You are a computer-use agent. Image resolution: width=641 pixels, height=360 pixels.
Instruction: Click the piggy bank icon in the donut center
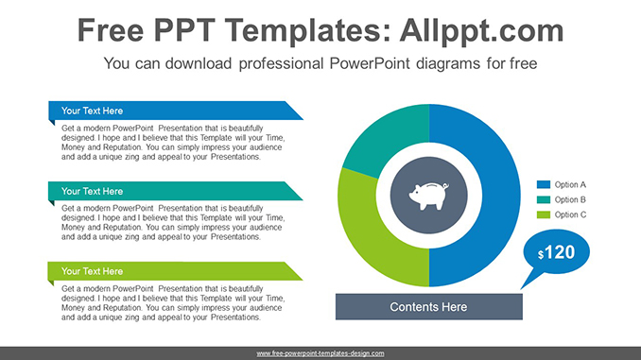[428, 196]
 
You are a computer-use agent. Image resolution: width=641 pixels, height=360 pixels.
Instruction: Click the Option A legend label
[570, 184]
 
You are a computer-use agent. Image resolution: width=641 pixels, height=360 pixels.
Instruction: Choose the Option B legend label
[570, 199]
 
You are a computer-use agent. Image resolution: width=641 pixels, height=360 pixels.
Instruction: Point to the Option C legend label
[570, 214]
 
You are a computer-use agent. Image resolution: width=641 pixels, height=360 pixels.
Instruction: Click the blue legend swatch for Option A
[544, 184]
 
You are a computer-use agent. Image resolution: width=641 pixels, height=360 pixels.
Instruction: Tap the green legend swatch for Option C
[544, 214]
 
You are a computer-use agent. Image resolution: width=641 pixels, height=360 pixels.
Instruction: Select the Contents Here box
[428, 307]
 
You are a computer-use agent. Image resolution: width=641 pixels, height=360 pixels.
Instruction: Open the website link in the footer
[320, 352]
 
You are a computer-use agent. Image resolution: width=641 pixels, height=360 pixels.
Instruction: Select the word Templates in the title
[292, 31]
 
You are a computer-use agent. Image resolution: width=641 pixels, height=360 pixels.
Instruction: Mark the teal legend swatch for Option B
[544, 199]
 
